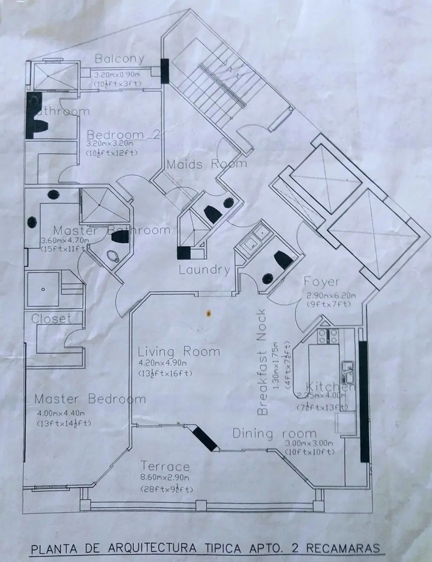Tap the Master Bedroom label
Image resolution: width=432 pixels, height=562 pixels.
point(90,399)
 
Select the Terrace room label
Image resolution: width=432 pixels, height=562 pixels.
point(165,466)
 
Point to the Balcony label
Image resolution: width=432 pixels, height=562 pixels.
point(119,59)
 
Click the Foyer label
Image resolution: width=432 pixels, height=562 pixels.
point(321,282)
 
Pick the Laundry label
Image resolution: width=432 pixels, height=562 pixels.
point(205,270)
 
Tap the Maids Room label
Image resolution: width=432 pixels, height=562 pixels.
point(207,164)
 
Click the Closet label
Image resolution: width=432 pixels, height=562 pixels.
point(51,319)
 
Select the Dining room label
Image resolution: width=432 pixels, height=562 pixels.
point(274,433)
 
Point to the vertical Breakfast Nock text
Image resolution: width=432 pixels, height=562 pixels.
point(262,362)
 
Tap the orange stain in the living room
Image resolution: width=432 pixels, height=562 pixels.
point(207,311)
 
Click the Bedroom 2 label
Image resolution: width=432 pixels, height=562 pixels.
point(124,134)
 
